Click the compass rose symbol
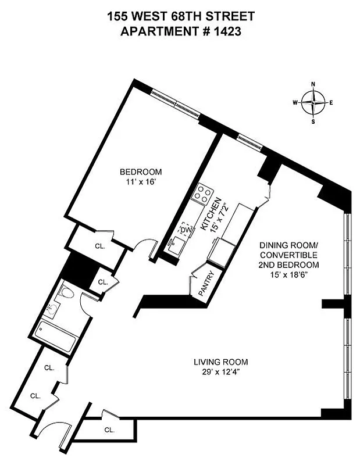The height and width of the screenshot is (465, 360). tap(313, 103)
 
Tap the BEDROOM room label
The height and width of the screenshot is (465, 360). tap(141, 172)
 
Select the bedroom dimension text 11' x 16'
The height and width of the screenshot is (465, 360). tap(141, 182)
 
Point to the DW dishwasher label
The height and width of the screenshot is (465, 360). tap(185, 230)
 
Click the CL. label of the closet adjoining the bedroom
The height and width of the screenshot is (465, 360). tap(100, 246)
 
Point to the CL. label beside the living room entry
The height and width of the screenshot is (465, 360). tap(109, 430)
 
